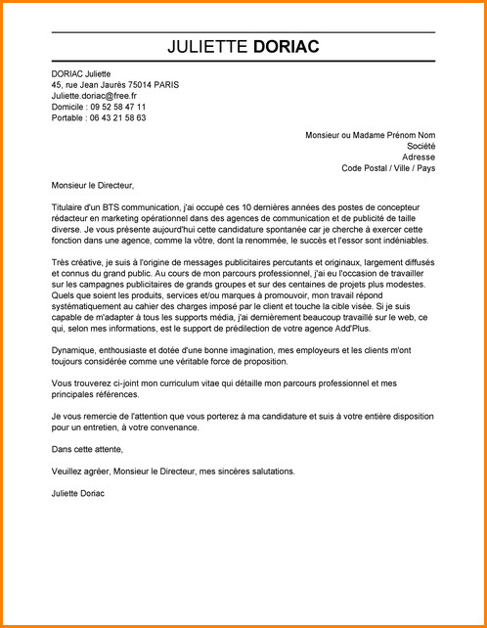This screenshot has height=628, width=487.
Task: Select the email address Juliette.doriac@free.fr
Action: click(x=95, y=96)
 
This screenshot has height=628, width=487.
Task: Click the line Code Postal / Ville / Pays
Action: click(x=388, y=167)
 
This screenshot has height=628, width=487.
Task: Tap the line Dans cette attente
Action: click(x=87, y=449)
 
